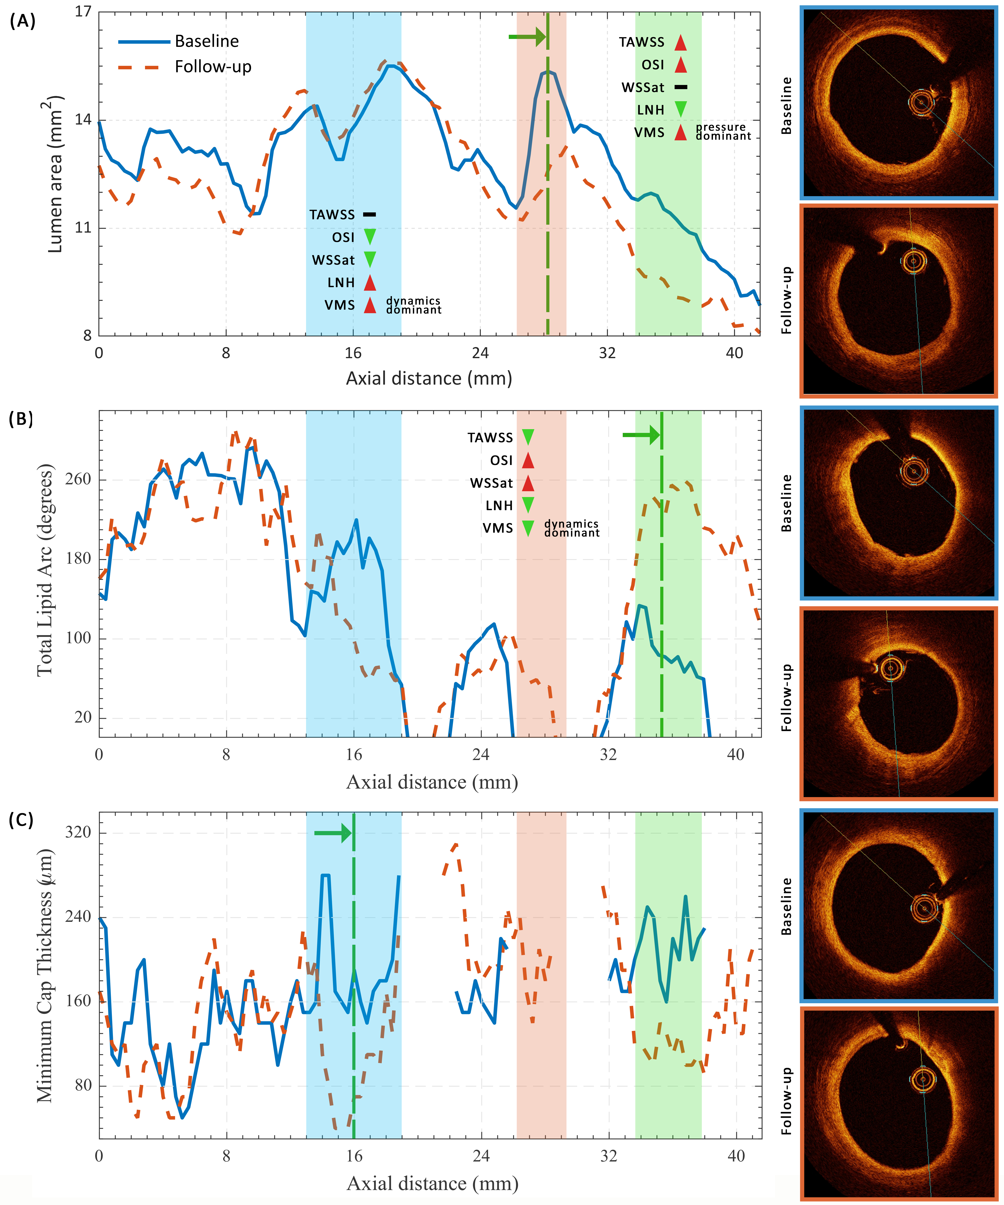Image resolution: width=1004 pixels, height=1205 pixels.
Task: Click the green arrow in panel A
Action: pyautogui.click(x=526, y=37)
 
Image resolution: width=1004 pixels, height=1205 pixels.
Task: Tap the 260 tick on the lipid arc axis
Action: pyautogui.click(x=79, y=479)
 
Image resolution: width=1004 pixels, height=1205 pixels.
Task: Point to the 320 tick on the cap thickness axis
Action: pyautogui.click(x=79, y=832)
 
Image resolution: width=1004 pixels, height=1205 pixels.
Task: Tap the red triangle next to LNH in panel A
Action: pyautogui.click(x=370, y=282)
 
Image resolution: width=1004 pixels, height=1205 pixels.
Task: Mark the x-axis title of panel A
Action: pyautogui.click(x=429, y=379)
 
